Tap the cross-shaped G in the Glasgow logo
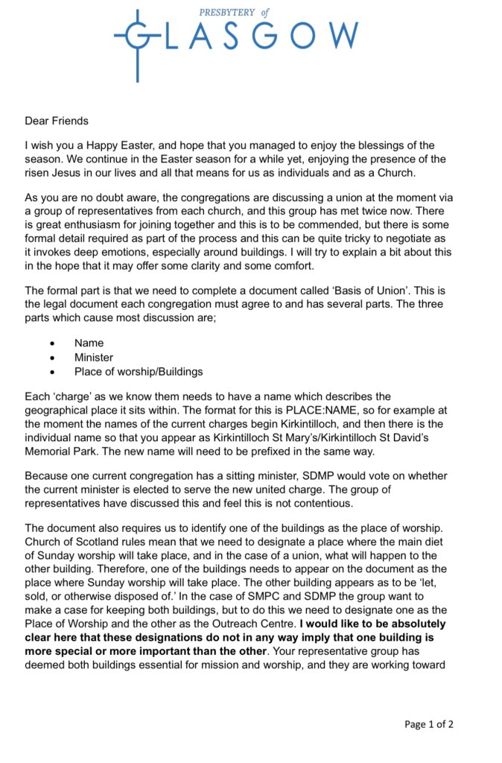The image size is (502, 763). [138, 36]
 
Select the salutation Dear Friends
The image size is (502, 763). [57, 121]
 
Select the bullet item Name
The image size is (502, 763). [89, 343]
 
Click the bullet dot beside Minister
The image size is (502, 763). [51, 358]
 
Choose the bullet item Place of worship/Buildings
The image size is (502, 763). [139, 371]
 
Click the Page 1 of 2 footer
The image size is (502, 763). [429, 724]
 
